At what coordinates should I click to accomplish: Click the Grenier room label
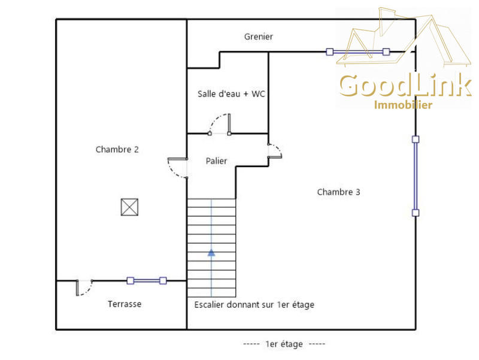tap(259, 37)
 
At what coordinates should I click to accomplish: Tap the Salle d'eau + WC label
tap(231, 94)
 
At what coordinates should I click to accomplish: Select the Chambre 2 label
tap(117, 149)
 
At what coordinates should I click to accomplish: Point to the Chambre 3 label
tap(338, 192)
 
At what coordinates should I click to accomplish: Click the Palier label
tap(216, 161)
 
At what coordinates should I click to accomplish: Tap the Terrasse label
tap(125, 304)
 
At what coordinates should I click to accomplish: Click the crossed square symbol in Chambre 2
tap(129, 207)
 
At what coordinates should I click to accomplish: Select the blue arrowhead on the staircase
tap(211, 253)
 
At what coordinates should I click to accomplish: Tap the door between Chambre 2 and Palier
tap(177, 168)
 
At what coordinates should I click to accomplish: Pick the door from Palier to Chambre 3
tap(275, 151)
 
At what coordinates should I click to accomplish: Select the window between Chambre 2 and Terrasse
tap(147, 280)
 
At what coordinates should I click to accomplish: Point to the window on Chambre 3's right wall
tap(416, 176)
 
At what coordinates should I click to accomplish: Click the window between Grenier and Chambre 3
tap(357, 52)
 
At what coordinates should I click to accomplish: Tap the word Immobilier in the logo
tap(403, 105)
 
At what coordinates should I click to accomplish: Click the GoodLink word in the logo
tap(405, 85)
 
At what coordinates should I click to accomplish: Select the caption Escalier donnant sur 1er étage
tap(254, 305)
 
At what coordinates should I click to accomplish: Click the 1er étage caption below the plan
tap(284, 344)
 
